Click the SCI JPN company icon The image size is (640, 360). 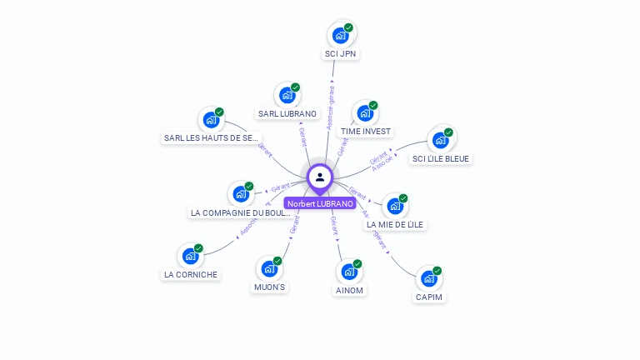(x=340, y=35)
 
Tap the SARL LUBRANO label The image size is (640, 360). (x=287, y=113)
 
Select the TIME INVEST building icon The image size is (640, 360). (x=364, y=114)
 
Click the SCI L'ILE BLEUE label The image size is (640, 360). (x=441, y=159)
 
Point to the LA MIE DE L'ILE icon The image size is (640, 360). (x=394, y=206)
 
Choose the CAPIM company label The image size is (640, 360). (x=429, y=297)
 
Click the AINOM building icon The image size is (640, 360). (x=349, y=272)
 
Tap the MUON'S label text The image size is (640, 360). (x=269, y=287)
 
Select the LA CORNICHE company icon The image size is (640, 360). (x=190, y=256)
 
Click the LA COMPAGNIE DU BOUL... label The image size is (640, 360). (x=241, y=212)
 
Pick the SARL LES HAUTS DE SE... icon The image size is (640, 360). (x=211, y=120)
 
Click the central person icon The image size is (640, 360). (x=320, y=177)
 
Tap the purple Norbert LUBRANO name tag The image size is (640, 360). (x=320, y=203)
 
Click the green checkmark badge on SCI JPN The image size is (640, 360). (x=348, y=27)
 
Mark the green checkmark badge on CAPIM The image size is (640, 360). (x=437, y=271)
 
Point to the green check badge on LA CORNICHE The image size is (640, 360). (x=198, y=248)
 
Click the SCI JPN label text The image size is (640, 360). (x=341, y=54)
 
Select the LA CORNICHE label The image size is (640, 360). (x=191, y=274)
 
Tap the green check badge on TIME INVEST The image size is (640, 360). (x=373, y=106)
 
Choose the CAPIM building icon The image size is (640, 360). (x=428, y=279)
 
